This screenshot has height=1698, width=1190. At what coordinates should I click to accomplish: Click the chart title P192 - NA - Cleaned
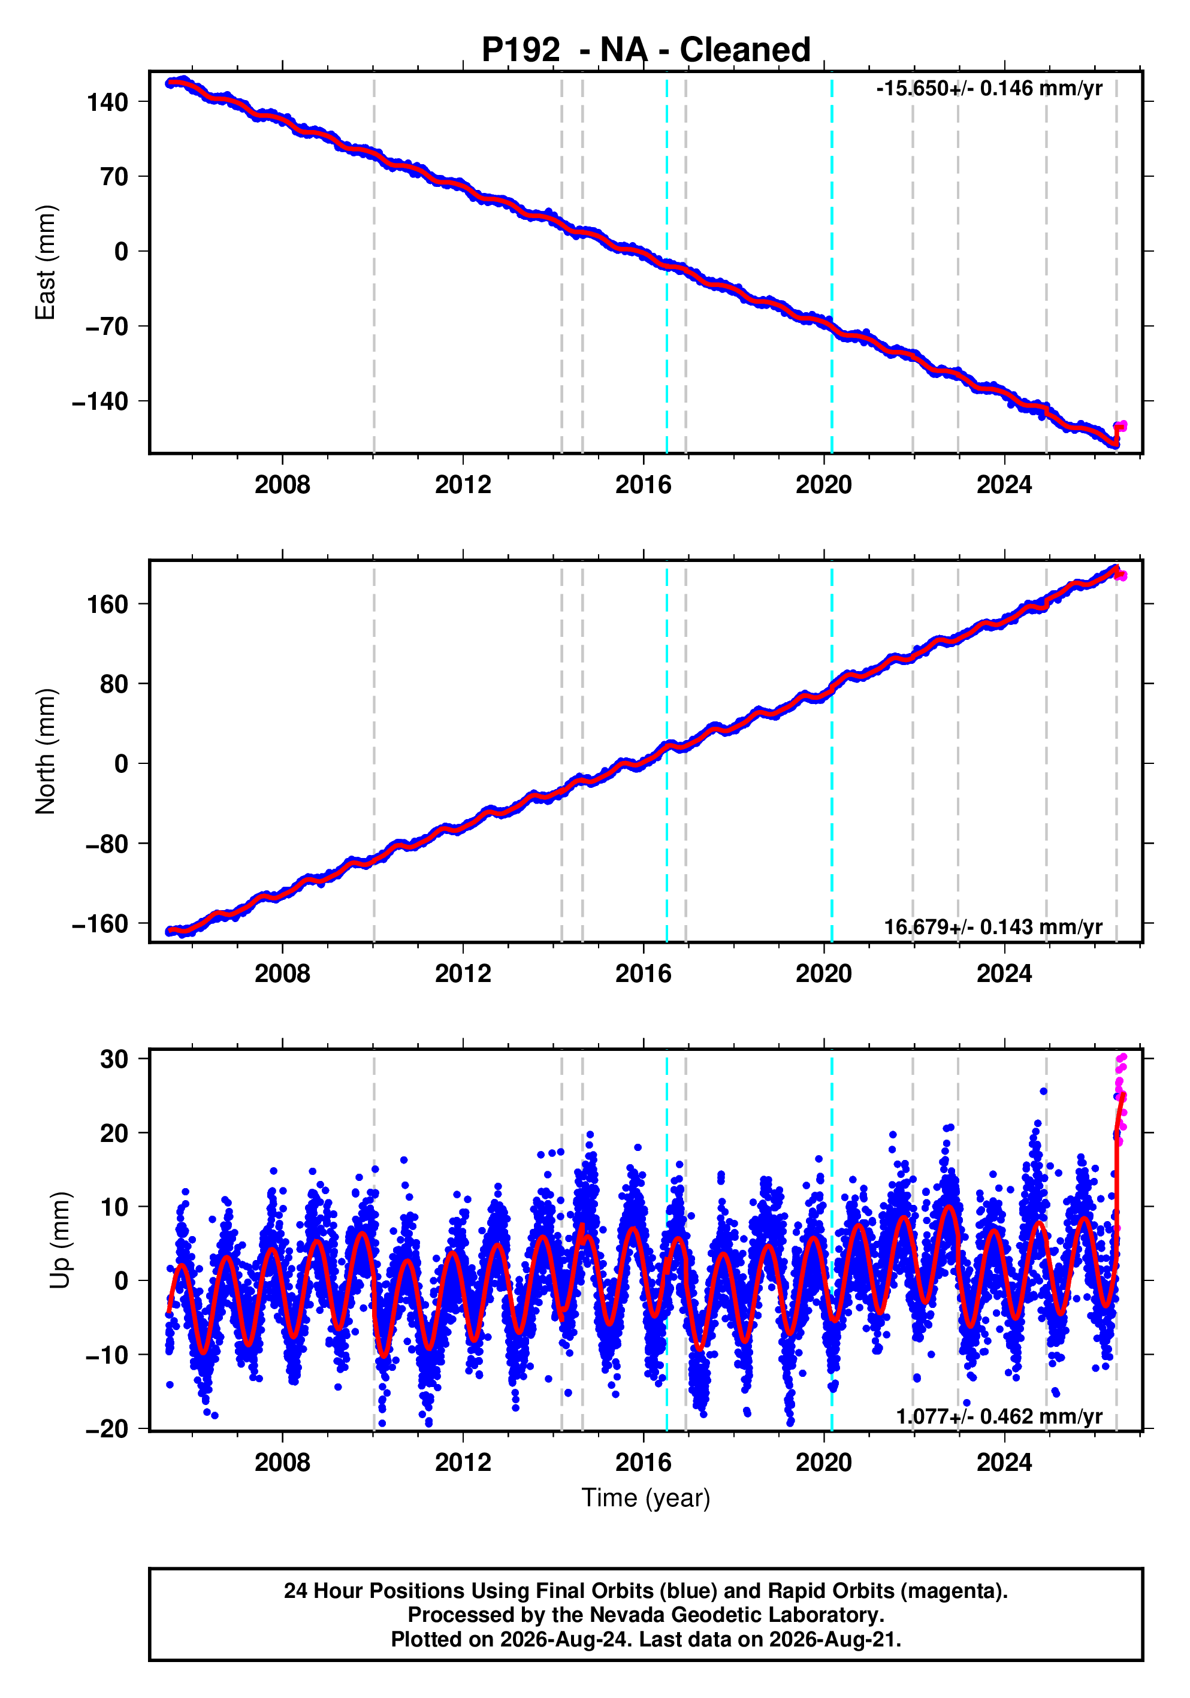(x=646, y=50)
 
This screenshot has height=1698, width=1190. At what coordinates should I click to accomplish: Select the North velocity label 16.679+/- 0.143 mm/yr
(x=993, y=927)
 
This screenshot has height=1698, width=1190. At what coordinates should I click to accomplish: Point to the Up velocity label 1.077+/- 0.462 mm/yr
(x=999, y=1416)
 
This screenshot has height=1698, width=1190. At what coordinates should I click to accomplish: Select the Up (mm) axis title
(x=61, y=1240)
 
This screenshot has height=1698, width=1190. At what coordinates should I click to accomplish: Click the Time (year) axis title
(x=646, y=1498)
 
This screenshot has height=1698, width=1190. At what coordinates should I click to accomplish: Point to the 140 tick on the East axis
(x=107, y=102)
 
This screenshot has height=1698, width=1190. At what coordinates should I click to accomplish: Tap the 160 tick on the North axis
(x=107, y=604)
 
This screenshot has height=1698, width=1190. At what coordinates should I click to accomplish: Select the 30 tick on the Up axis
(x=114, y=1059)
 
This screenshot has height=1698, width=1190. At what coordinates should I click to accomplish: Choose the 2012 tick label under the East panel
(x=463, y=485)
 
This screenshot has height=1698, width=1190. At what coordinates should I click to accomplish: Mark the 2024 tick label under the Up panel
(x=1004, y=1463)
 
